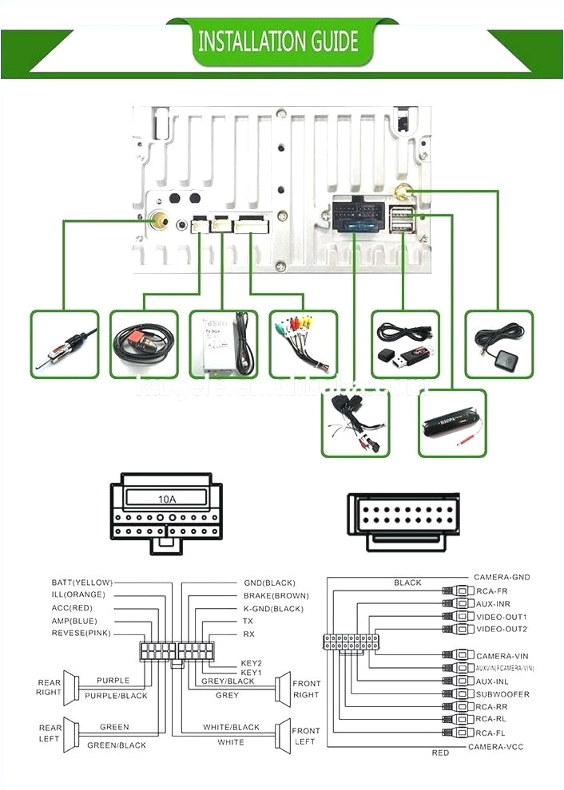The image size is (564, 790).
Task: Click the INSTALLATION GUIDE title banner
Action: [277, 41]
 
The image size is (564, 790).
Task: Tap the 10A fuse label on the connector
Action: [166, 499]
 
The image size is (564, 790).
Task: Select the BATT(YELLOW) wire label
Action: [81, 583]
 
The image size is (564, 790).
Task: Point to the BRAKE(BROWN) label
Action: [276, 595]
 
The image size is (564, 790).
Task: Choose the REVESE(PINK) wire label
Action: [81, 633]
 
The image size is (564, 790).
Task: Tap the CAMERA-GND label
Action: [501, 577]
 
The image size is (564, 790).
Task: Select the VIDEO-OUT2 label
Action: [501, 629]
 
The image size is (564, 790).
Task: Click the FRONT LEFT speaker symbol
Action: [281, 736]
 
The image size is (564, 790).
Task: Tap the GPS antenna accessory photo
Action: [498, 344]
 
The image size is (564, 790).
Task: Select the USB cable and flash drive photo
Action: [404, 344]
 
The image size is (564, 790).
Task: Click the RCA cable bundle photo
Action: [304, 344]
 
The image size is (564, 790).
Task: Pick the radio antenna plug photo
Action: [65, 344]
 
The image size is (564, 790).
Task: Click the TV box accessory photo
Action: [223, 344]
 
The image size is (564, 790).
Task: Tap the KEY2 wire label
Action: [252, 662]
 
